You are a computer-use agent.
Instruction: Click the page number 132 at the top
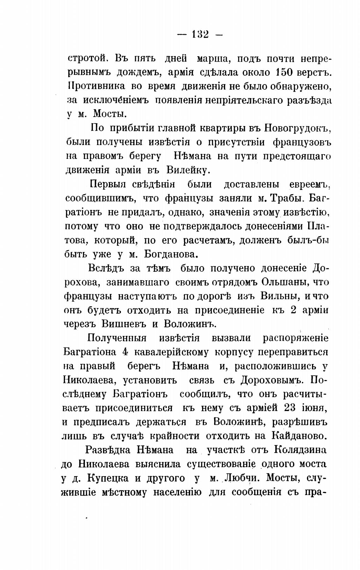pyautogui.click(x=200, y=34)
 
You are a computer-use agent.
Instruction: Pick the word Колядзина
pyautogui.click(x=300, y=450)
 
